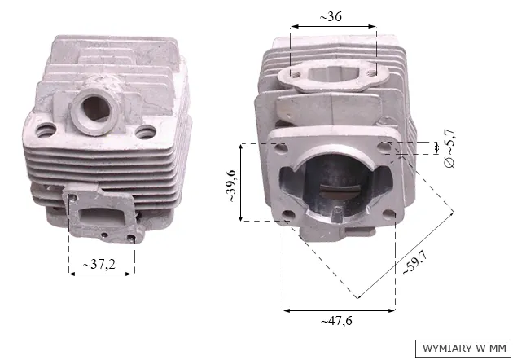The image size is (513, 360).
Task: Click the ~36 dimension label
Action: [331, 16]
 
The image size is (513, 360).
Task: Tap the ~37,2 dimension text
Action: [99, 264]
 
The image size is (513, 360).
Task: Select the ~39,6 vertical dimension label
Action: [231, 186]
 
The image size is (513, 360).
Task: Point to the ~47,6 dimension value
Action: [336, 321]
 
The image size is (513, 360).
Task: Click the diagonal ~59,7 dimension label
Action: [415, 262]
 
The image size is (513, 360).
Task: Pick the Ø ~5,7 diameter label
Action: [450, 148]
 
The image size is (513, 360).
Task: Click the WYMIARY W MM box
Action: [463, 349]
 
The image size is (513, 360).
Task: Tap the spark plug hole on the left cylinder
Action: [96, 108]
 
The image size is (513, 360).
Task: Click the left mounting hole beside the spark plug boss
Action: [46, 130]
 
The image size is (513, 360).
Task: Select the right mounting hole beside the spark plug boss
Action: [146, 132]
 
